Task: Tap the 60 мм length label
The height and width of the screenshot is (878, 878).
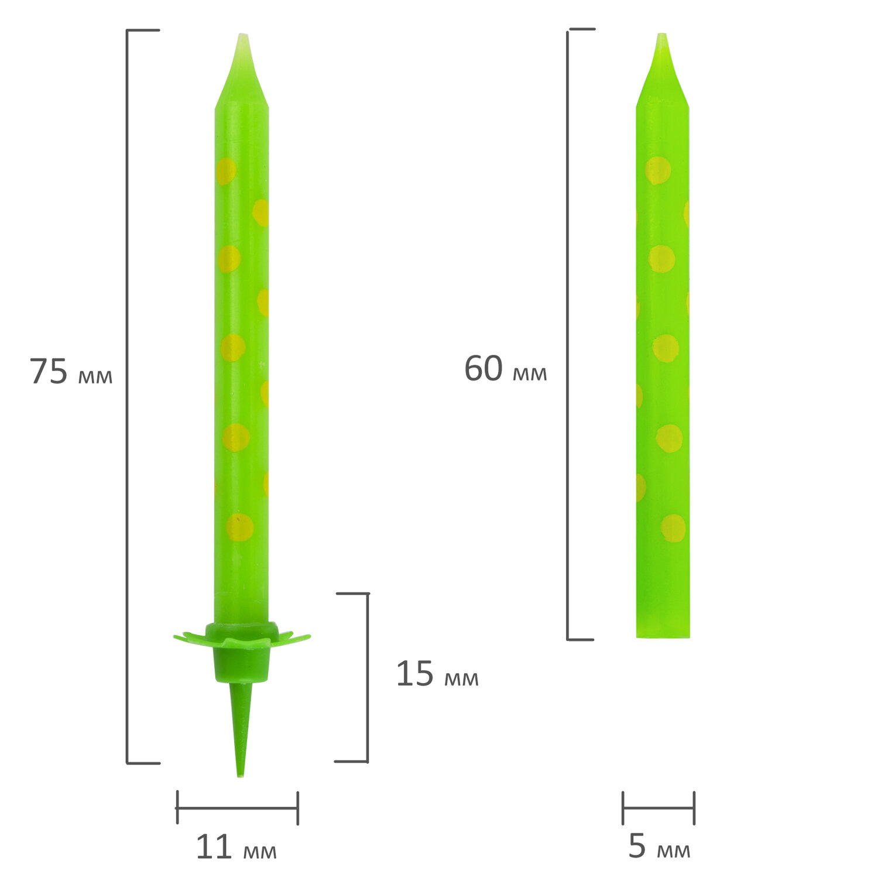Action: (x=506, y=369)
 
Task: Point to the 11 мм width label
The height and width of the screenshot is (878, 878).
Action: (x=236, y=847)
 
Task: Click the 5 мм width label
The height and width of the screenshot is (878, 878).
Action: (x=660, y=846)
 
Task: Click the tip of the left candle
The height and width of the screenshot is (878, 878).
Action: (x=242, y=35)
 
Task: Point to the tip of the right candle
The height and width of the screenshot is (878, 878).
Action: (x=662, y=34)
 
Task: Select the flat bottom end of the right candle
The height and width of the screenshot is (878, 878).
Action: (x=663, y=636)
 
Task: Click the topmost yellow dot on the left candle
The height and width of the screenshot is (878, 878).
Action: (x=227, y=171)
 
